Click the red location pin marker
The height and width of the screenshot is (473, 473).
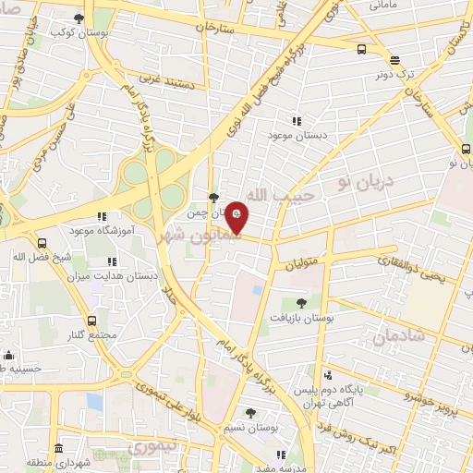pyautogui.click(x=236, y=217)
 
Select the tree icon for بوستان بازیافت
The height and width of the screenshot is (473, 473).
pyautogui.click(x=300, y=302)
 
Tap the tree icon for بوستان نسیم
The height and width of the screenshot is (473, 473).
pyautogui.click(x=250, y=413)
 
